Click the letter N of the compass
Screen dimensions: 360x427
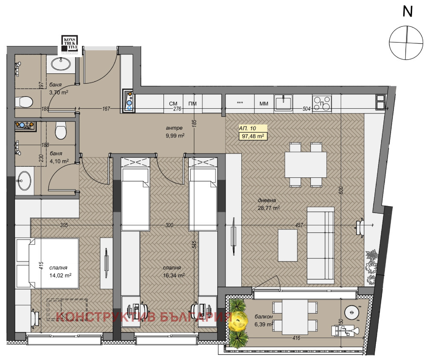click(408, 12)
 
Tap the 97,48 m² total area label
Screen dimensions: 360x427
click(253, 136)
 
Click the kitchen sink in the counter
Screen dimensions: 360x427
click(283, 102)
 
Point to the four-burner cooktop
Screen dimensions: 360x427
click(322, 103)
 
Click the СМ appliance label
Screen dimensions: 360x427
click(173, 104)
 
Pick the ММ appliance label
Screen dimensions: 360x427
click(263, 104)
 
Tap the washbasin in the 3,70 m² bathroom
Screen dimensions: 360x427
click(61, 64)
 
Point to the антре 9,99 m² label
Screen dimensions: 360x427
click(175, 132)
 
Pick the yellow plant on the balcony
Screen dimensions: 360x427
click(238, 320)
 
